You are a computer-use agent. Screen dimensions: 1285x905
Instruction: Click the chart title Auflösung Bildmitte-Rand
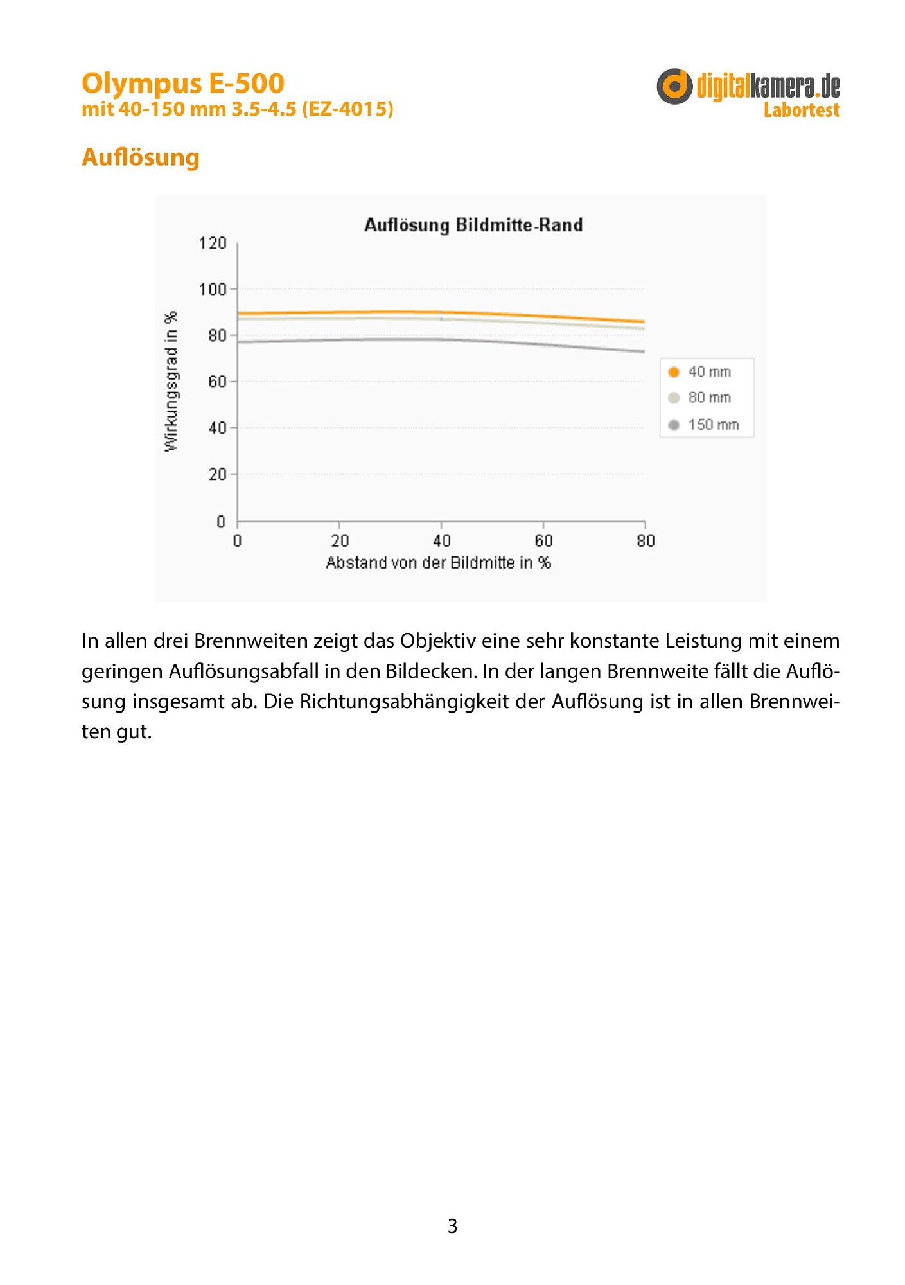[473, 225]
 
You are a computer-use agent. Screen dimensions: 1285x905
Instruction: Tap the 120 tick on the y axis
[213, 244]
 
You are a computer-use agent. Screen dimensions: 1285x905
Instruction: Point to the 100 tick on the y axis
[213, 290]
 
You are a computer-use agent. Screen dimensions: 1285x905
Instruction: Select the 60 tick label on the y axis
[217, 382]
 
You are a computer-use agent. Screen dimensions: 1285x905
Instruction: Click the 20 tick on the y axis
[217, 475]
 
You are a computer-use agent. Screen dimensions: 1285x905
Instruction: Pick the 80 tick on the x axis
[646, 541]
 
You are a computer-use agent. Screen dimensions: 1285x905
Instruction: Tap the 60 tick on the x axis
[543, 541]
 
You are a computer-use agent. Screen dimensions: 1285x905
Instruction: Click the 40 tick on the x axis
[441, 541]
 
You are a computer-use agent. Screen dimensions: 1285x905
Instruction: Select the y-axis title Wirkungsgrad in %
[171, 382]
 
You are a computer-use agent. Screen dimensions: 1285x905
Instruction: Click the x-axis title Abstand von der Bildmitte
[438, 563]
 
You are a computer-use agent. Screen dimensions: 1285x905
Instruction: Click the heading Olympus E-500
[183, 84]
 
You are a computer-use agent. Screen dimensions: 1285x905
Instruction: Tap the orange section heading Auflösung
[141, 157]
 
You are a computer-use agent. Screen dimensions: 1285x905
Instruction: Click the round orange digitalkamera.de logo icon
[674, 86]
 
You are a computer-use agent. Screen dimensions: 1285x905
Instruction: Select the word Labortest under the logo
[801, 111]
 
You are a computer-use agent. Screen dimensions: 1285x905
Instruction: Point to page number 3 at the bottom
[452, 1226]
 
